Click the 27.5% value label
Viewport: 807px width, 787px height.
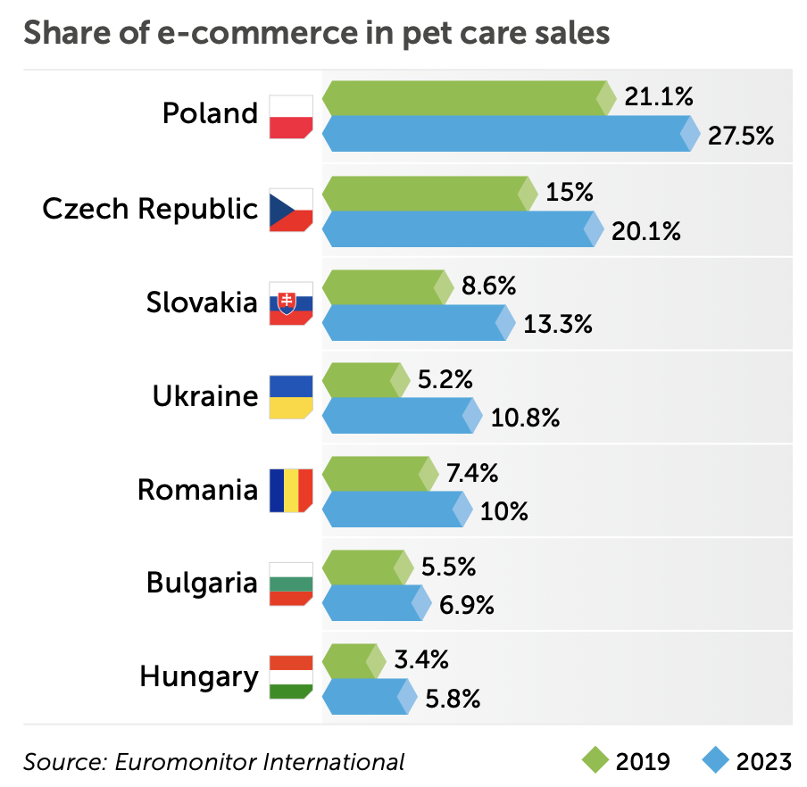(x=740, y=137)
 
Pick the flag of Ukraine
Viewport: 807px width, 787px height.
(x=291, y=396)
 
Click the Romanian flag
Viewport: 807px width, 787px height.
(x=291, y=490)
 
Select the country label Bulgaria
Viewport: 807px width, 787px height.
(x=202, y=583)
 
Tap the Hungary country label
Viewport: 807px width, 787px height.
(x=198, y=676)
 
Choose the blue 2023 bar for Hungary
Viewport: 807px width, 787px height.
(x=365, y=696)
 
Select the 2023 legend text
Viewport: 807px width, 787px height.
(x=763, y=761)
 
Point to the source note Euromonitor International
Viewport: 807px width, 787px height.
(x=213, y=762)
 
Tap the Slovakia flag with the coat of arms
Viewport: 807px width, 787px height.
(x=291, y=303)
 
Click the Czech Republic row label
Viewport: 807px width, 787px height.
(x=150, y=209)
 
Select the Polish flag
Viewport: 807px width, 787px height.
(x=291, y=116)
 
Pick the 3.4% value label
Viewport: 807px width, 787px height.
(x=420, y=660)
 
